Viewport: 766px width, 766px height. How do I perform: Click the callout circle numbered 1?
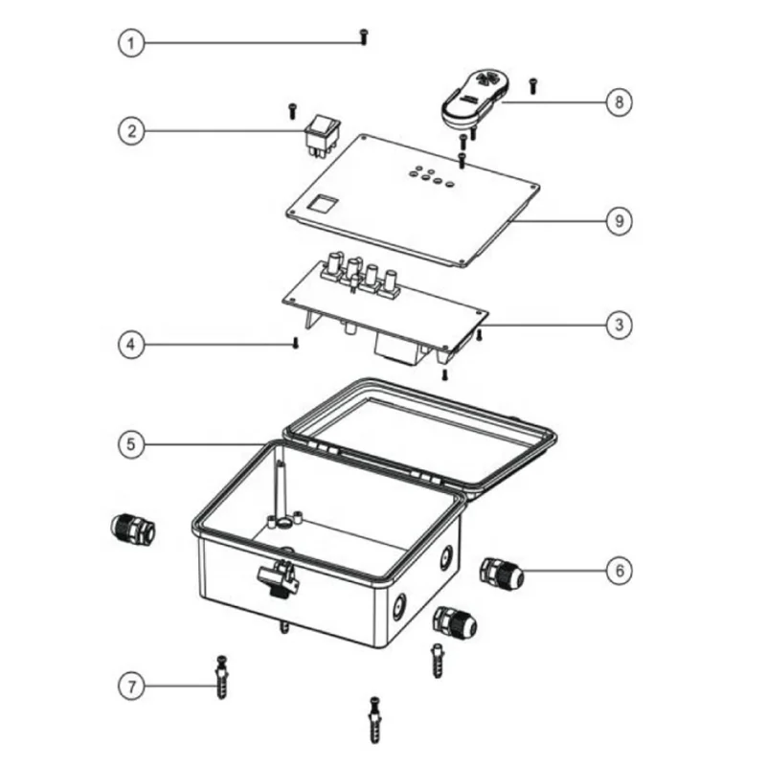tap(131, 43)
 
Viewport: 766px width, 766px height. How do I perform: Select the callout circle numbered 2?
tap(131, 131)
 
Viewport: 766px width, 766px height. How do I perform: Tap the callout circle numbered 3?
tap(619, 325)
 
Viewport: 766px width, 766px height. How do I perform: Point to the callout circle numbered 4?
tap(131, 345)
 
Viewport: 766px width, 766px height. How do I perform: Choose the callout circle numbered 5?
tap(131, 444)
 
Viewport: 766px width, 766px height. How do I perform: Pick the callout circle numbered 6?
tap(619, 571)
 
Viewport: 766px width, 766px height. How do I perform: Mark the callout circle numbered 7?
tap(131, 687)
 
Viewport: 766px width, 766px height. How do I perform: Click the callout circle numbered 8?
tap(619, 102)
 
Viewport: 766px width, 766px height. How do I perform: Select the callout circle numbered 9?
tap(619, 221)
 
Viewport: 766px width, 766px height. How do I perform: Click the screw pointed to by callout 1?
tap(364, 36)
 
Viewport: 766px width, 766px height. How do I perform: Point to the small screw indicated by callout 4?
tap(295, 343)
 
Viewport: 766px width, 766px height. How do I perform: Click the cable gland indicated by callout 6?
tap(502, 573)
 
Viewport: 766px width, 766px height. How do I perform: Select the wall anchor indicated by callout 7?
tap(221, 677)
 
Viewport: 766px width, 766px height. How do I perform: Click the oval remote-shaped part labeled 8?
tap(477, 99)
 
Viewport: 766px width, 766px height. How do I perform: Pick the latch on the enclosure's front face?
tap(278, 576)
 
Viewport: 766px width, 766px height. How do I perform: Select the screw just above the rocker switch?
tap(293, 110)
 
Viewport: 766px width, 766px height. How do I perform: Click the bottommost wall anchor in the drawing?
tap(374, 720)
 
